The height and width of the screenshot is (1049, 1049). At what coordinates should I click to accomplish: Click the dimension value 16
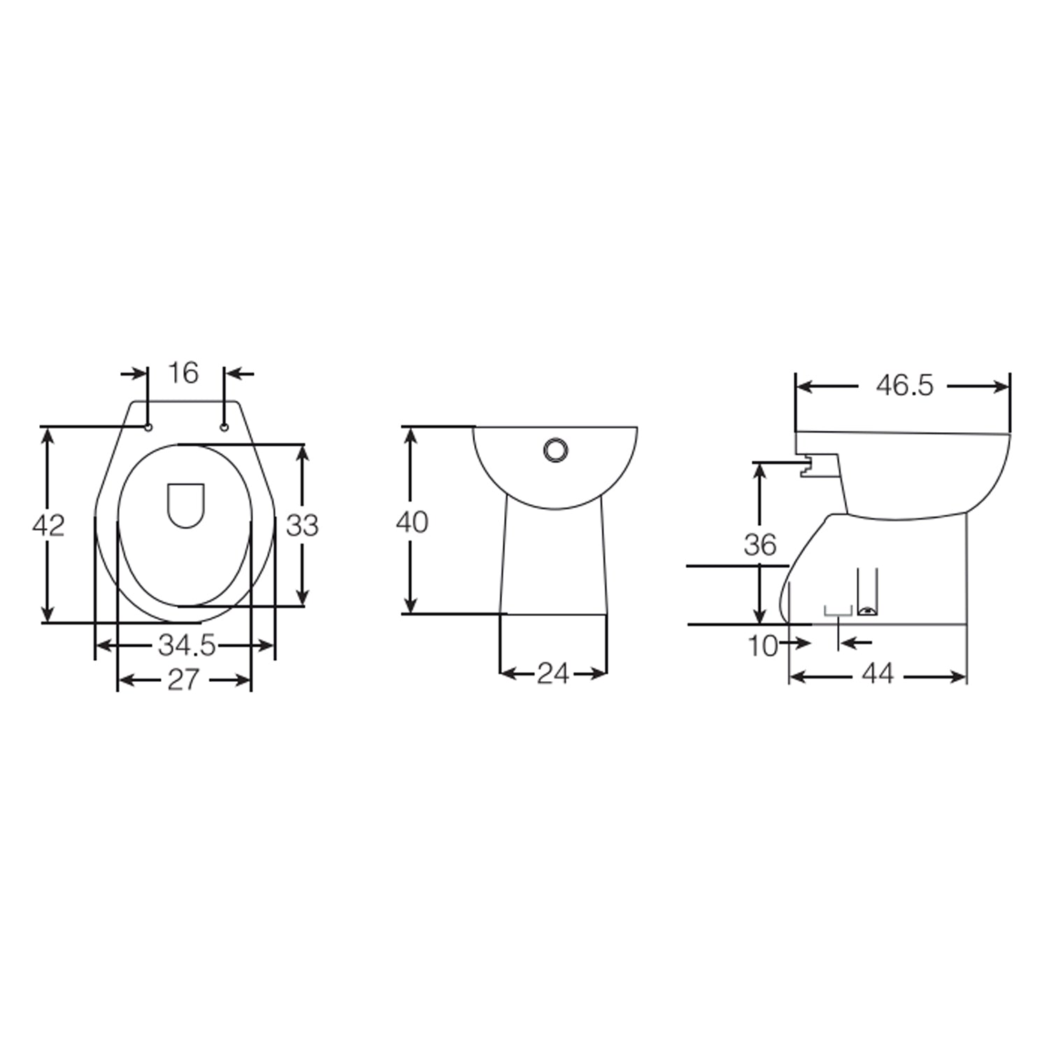183,373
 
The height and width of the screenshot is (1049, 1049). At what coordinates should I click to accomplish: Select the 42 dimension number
48,525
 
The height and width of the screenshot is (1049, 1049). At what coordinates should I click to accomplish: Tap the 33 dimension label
302,525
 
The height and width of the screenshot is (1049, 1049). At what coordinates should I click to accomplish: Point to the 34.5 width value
186,645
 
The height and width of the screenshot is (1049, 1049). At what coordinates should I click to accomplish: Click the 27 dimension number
183,679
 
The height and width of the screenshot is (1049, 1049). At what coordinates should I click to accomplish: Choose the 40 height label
411,522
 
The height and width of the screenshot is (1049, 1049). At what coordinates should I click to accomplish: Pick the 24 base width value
552,673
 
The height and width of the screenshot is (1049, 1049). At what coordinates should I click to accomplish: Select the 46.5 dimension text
904,386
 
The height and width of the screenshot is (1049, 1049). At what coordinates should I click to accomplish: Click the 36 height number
759,545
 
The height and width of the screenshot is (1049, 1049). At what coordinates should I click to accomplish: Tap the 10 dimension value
762,646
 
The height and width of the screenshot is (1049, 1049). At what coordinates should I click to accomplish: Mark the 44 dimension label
878,674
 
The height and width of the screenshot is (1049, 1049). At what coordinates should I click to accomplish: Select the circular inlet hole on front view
556,450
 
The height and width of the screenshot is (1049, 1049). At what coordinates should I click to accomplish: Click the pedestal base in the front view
553,559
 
